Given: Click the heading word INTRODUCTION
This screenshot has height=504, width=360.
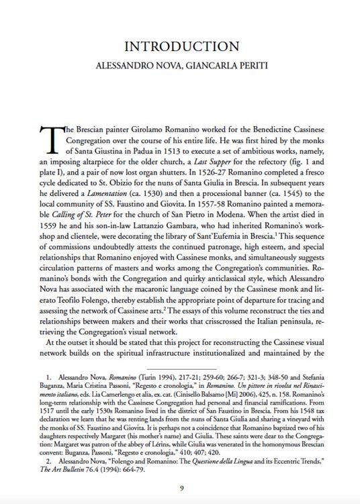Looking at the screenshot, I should [x=179, y=46].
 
